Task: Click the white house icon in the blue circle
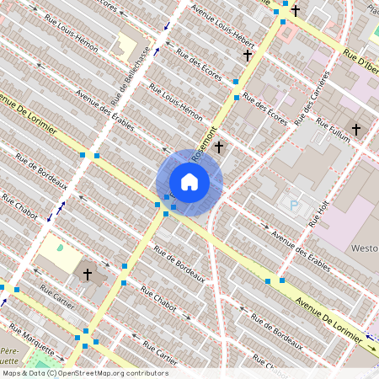point(189,182)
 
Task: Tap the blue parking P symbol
point(294,206)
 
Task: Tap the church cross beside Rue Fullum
point(356,130)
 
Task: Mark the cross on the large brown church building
point(87,274)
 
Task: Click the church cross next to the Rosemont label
point(219,147)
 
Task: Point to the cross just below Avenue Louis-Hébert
point(248,56)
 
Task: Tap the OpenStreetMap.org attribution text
point(113,372)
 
